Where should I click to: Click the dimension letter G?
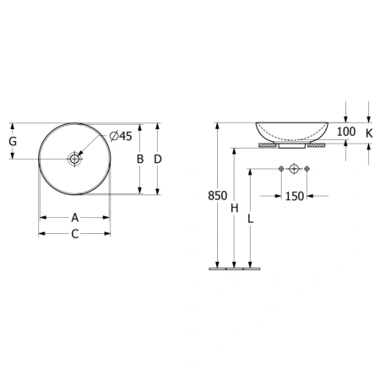tap(13, 141)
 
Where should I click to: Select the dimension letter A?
tap(74, 218)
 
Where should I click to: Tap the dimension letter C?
tap(75, 234)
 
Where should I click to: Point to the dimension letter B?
tap(140, 159)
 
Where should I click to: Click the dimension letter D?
tap(158, 159)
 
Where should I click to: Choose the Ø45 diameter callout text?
tap(121, 136)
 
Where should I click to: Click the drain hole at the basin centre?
tap(74, 159)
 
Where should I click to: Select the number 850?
tap(217, 196)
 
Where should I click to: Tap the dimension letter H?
tap(234, 209)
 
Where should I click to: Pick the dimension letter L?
tap(251, 219)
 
